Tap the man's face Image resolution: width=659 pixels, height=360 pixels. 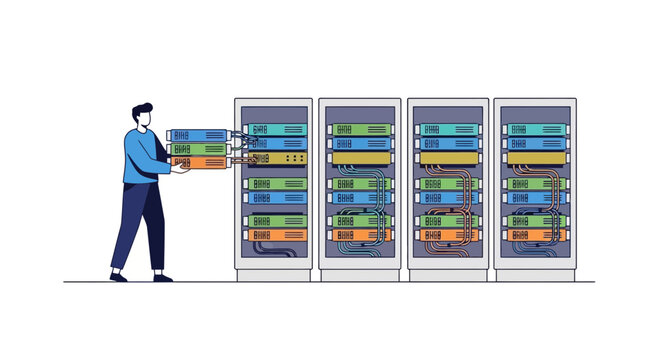pyautogui.click(x=147, y=119)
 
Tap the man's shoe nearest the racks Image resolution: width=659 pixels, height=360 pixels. pyautogui.click(x=162, y=277)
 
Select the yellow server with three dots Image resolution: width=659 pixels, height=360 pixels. pyautogui.click(x=277, y=158)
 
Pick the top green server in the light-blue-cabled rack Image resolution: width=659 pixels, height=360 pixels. pyautogui.click(x=361, y=130)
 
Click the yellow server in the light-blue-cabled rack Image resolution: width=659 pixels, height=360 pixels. pyautogui.click(x=361, y=158)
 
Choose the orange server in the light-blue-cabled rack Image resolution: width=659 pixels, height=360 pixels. pyautogui.click(x=361, y=235)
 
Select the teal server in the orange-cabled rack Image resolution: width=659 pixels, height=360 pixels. pyautogui.click(x=448, y=130)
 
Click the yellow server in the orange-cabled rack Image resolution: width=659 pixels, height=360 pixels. pyautogui.click(x=448, y=158)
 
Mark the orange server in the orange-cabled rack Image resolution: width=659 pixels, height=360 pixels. pyautogui.click(x=448, y=235)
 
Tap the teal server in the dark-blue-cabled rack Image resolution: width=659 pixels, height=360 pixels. pyautogui.click(x=534, y=130)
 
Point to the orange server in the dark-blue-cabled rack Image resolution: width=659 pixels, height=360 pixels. pyautogui.click(x=534, y=235)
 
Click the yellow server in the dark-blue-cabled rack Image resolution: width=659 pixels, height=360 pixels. pyautogui.click(x=534, y=158)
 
